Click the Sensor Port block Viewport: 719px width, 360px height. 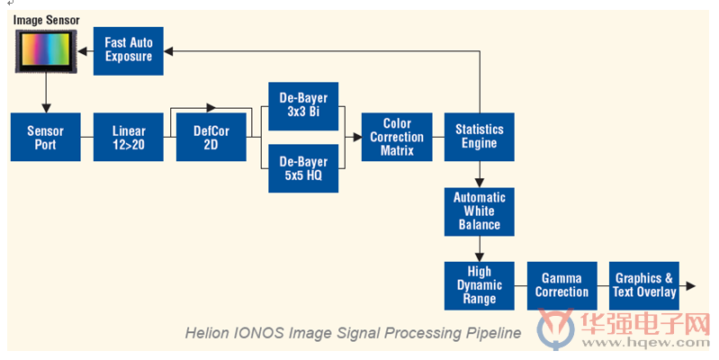[45, 137]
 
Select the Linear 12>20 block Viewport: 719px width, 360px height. [129, 137]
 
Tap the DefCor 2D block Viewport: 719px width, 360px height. [211, 137]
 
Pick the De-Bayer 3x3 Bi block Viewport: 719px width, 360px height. [303, 106]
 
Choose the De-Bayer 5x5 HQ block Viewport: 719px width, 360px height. [303, 168]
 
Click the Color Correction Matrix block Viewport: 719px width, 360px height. [397, 137]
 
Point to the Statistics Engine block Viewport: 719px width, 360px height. [479, 137]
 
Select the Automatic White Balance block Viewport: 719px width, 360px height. [479, 211]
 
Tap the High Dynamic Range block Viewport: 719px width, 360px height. [479, 285]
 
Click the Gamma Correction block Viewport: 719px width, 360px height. [562, 285]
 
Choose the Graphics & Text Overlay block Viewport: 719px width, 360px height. [644, 285]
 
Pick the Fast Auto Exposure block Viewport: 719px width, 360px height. [129, 51]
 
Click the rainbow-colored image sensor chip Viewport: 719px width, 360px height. [46, 51]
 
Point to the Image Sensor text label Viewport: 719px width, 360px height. [46, 20]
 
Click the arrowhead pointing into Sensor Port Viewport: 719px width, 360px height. [46, 108]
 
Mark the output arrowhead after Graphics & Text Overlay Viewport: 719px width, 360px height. [690, 285]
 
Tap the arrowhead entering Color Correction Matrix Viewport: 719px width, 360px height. [357, 137]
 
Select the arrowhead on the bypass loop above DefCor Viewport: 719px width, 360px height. [211, 108]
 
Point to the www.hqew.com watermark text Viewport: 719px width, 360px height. [645, 342]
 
